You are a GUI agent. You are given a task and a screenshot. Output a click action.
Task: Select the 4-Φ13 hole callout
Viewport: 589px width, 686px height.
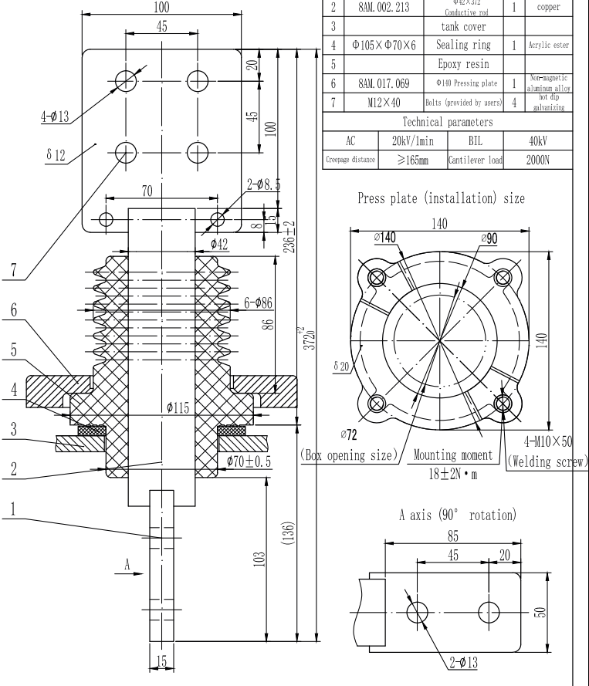pyautogui.click(x=55, y=117)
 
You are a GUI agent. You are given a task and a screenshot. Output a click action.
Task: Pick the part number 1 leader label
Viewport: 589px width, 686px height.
pyautogui.click(x=11, y=511)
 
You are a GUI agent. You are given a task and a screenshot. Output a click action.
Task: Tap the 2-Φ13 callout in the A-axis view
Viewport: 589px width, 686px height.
pyautogui.click(x=460, y=661)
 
